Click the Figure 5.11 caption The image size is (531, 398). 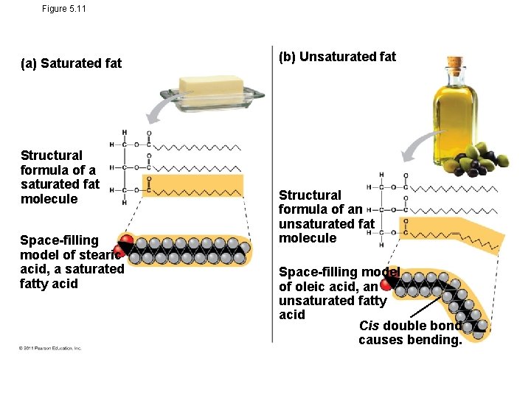(64, 8)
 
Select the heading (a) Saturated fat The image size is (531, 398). (71, 63)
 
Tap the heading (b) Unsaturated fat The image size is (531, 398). (337, 57)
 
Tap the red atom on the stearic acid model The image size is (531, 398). (126, 241)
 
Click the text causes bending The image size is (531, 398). (409, 340)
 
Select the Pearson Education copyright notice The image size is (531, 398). (50, 348)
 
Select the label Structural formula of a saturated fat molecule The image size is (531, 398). (59, 177)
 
